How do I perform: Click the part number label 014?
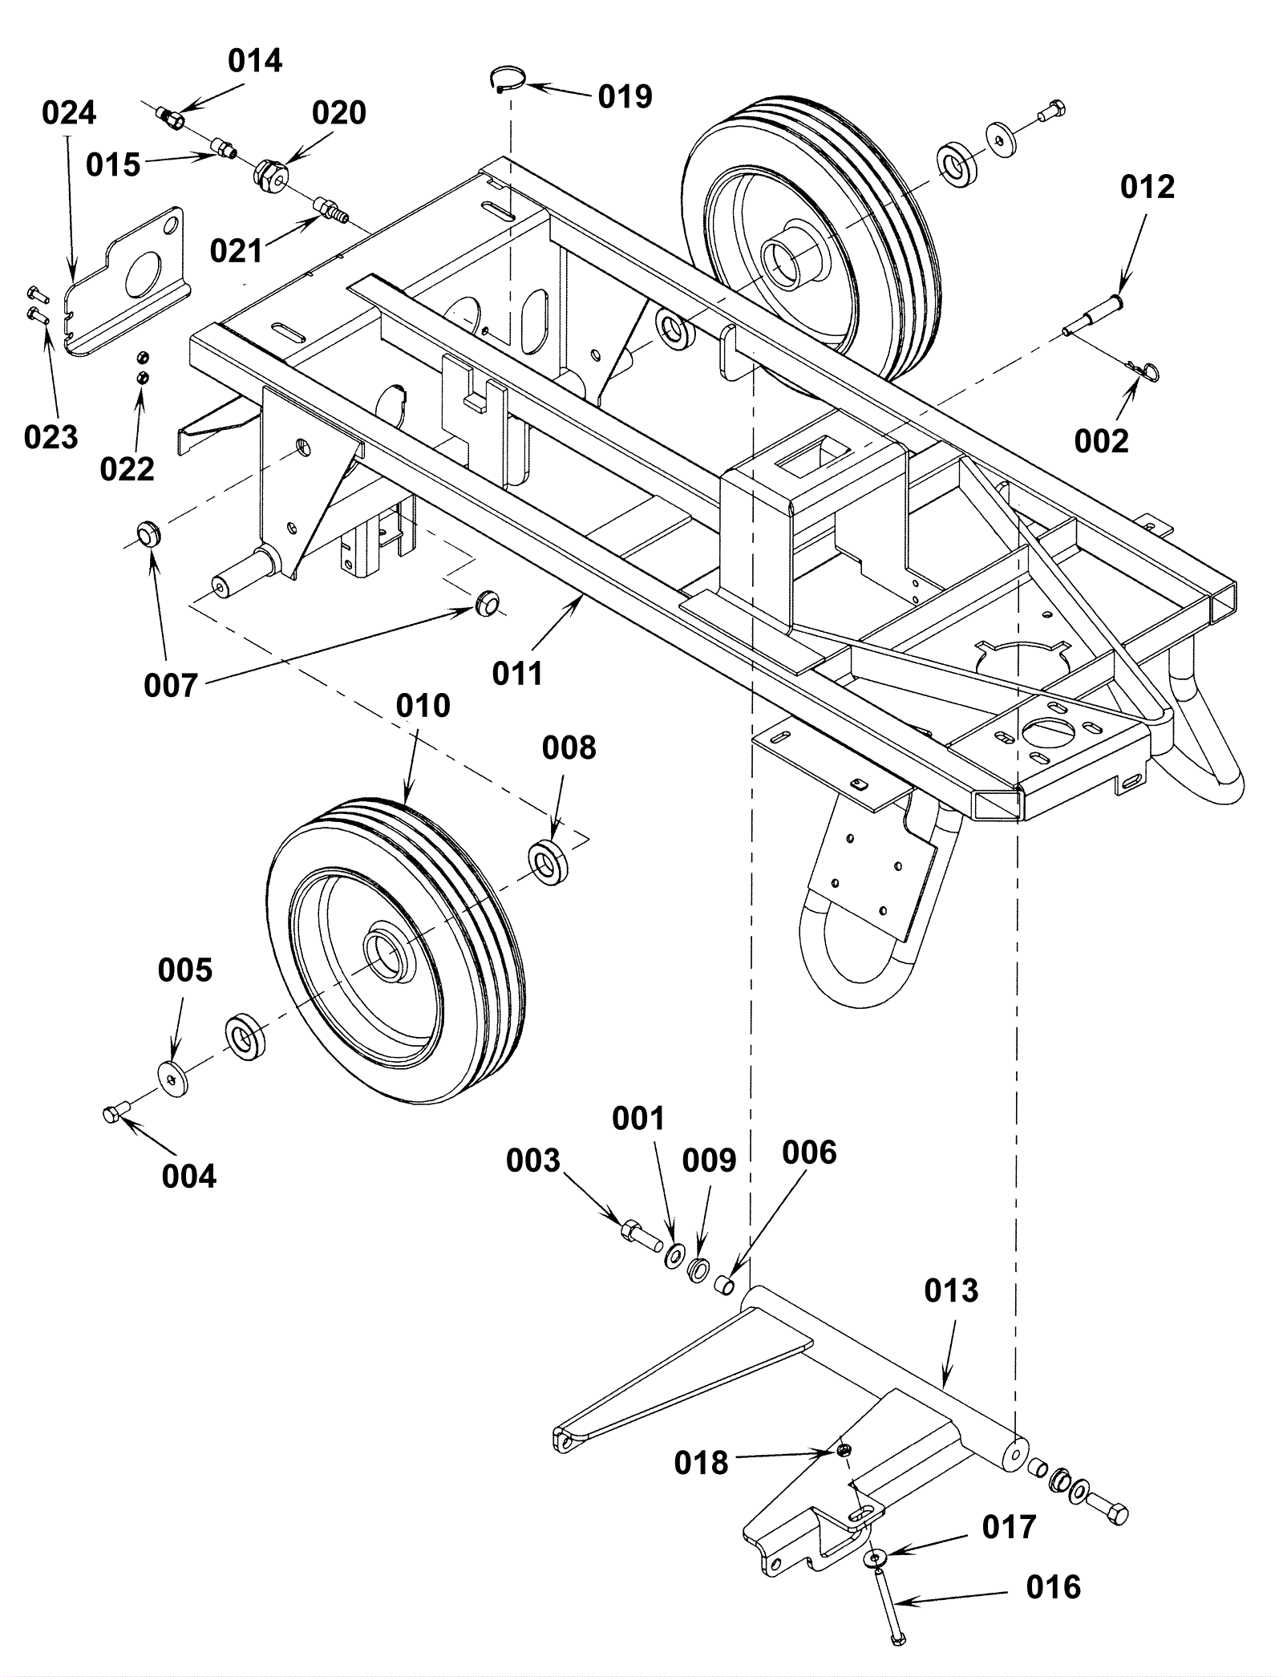click(255, 61)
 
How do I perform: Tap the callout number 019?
click(625, 97)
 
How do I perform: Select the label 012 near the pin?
click(1147, 187)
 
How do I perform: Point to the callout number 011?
click(517, 674)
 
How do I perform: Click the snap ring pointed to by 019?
click(508, 79)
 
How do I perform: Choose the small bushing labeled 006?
click(725, 1285)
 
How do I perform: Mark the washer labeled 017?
click(875, 1559)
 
